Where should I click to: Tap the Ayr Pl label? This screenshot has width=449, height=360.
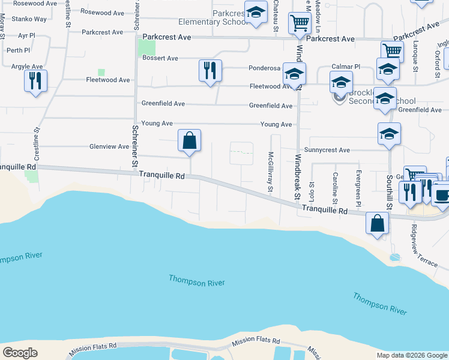(x=27, y=35)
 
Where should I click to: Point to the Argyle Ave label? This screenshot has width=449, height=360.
(x=27, y=66)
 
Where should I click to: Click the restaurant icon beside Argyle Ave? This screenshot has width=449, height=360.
(x=35, y=80)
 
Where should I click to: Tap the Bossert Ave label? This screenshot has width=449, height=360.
(x=160, y=58)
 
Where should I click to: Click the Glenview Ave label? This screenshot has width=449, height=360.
(x=109, y=146)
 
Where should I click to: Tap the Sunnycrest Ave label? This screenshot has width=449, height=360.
(x=327, y=150)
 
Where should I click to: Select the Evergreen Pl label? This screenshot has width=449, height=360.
(x=358, y=187)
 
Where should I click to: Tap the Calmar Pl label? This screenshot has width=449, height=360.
(x=346, y=67)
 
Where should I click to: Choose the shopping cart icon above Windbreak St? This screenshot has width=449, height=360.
(x=299, y=24)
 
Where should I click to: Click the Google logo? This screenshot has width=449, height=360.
(x=20, y=353)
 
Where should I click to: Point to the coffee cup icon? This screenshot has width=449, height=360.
(x=443, y=195)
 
